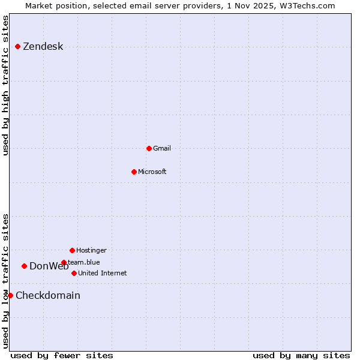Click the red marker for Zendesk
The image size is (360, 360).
(17, 46)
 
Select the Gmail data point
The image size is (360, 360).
(149, 148)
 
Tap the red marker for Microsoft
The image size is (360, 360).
(134, 172)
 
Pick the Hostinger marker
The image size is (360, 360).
(72, 250)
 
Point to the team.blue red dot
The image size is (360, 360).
(64, 262)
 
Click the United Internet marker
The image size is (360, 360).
(74, 273)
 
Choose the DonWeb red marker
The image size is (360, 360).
(24, 266)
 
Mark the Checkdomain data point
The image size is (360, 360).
(10, 295)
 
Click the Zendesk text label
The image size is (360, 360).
(43, 47)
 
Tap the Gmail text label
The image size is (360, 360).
(162, 148)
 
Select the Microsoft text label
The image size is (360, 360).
(152, 172)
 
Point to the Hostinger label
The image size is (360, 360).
(91, 250)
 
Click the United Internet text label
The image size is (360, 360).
(102, 273)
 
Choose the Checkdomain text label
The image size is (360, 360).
(48, 295)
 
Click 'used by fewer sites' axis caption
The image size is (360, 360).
(62, 355)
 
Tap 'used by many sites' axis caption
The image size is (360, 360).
(301, 355)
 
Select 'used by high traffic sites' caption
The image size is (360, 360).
(5, 85)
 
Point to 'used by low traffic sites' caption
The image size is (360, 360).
(5, 281)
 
